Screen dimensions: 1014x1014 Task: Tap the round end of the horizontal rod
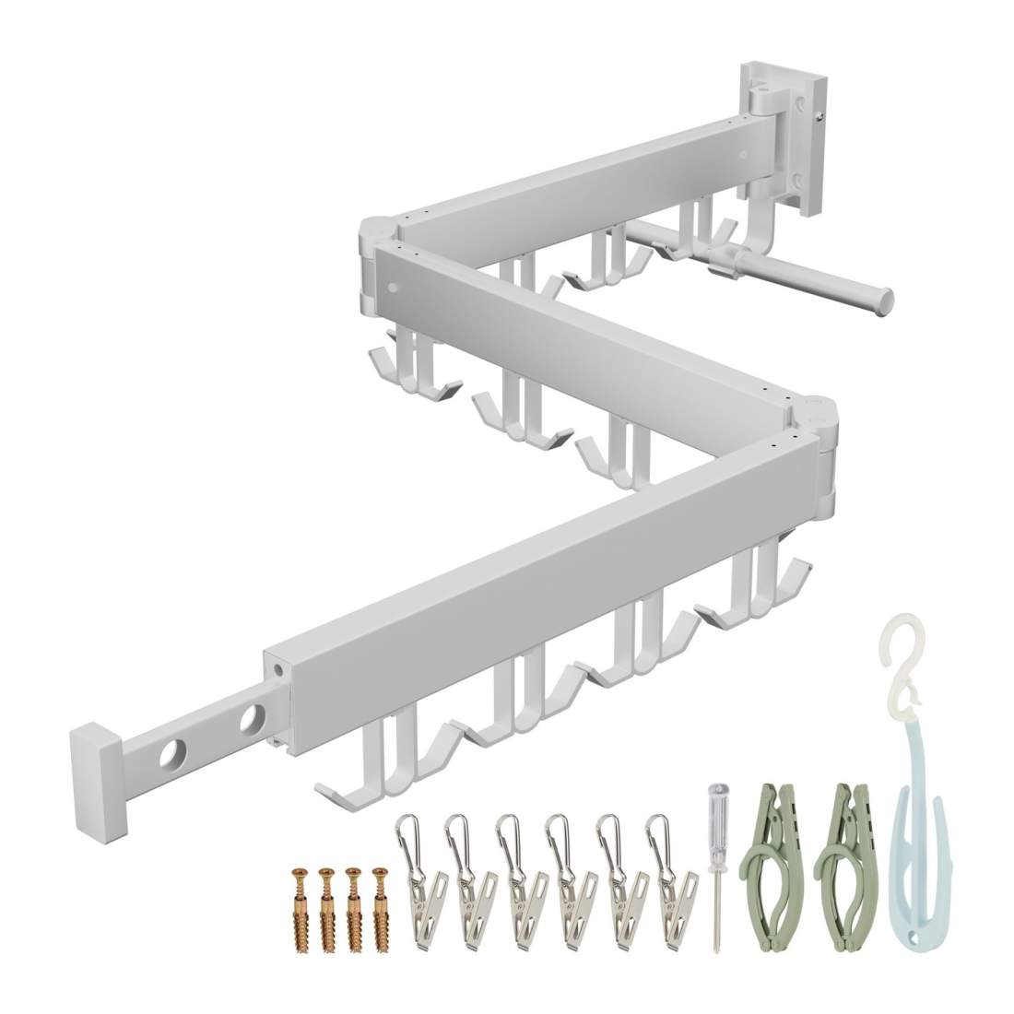tap(884, 297)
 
